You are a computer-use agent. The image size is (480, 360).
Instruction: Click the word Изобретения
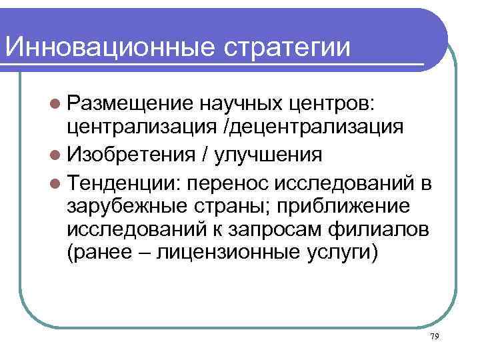point(131,153)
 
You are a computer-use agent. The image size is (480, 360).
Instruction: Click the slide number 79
point(434,337)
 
